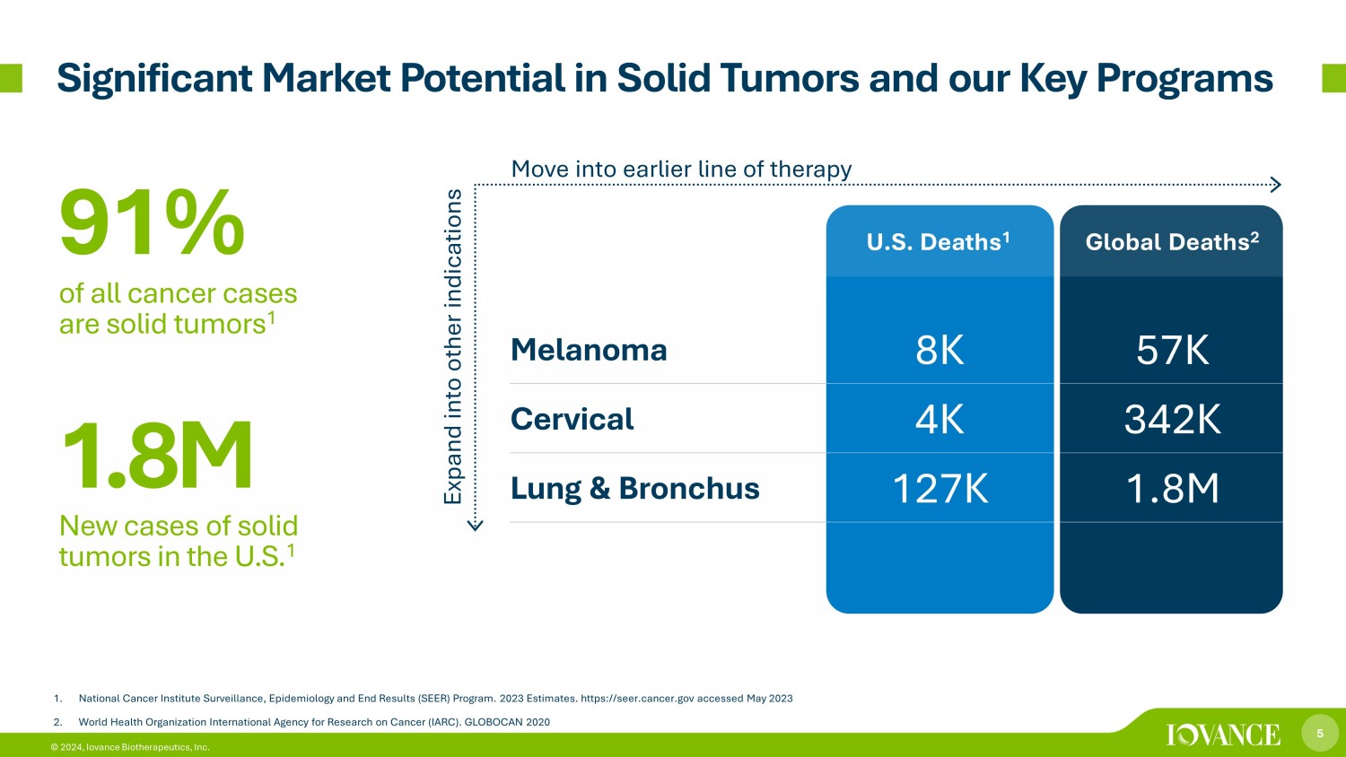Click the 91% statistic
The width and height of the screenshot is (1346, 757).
click(x=152, y=222)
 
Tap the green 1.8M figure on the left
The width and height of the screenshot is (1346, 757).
click(x=157, y=455)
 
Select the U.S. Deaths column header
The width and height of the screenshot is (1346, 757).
click(x=938, y=241)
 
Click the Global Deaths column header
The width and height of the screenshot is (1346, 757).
click(x=1172, y=241)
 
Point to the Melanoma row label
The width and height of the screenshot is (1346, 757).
click(x=589, y=350)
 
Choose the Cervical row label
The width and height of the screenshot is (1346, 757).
click(x=572, y=419)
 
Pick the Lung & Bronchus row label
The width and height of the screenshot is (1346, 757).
click(x=635, y=488)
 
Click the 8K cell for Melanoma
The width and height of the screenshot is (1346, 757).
click(x=940, y=350)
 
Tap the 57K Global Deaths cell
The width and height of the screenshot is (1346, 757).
click(x=1172, y=350)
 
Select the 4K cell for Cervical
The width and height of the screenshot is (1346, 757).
click(x=940, y=419)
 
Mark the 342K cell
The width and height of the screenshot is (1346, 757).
click(x=1172, y=419)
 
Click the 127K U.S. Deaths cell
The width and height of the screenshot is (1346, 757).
click(x=940, y=488)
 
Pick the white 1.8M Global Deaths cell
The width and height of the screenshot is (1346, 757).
click(x=1172, y=488)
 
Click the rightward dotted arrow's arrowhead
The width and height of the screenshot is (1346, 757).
click(x=1276, y=185)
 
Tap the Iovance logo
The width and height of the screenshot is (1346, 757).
click(x=1223, y=735)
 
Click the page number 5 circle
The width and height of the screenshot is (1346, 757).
click(x=1320, y=733)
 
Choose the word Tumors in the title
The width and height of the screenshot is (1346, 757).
click(x=790, y=78)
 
